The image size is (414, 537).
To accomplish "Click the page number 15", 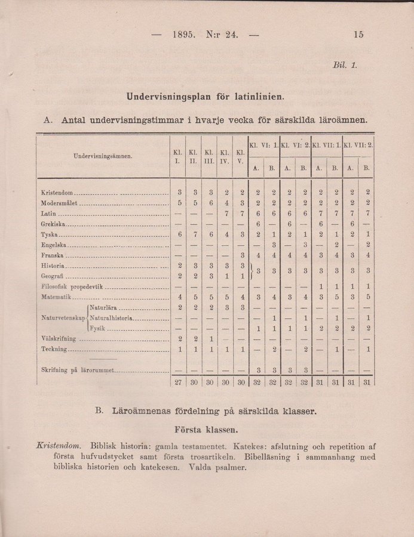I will tap(358, 34).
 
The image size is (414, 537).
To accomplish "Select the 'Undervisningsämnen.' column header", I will tap(103, 156).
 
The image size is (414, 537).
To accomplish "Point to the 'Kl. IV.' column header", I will tap(224, 156).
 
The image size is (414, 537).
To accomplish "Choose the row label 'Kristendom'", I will tap(58, 193).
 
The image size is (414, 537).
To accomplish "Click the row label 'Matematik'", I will tap(56, 297).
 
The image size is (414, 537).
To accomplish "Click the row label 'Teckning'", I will tap(55, 348).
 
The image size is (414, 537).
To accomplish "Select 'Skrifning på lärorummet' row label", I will tap(76, 371).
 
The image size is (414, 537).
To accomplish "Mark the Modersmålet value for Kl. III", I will tap(209, 203).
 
